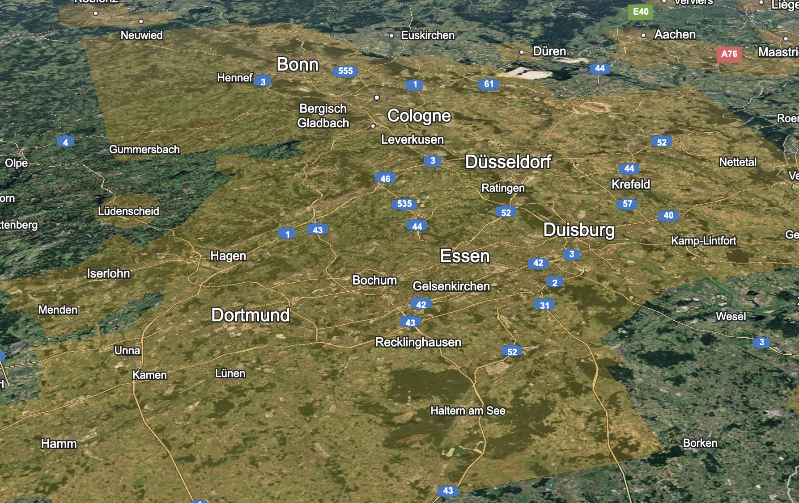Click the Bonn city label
[x=297, y=65]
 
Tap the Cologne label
[x=419, y=116]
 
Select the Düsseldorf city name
[x=508, y=162]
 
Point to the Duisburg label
[x=579, y=230]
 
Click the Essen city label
[x=465, y=256]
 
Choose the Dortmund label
[x=251, y=315]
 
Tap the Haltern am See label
[x=468, y=411]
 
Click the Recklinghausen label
[x=418, y=343]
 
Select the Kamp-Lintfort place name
[x=704, y=241]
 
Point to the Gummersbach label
[x=144, y=150]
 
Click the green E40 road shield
[x=641, y=12]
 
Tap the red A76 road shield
[x=729, y=54]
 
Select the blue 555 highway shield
[x=345, y=71]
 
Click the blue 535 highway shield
[x=404, y=204]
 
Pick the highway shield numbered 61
[x=489, y=84]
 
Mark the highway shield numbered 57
[x=628, y=204]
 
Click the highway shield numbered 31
[x=544, y=306]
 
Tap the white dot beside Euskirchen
[x=391, y=36]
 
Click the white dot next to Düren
[x=522, y=52]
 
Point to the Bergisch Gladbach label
[x=323, y=116]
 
